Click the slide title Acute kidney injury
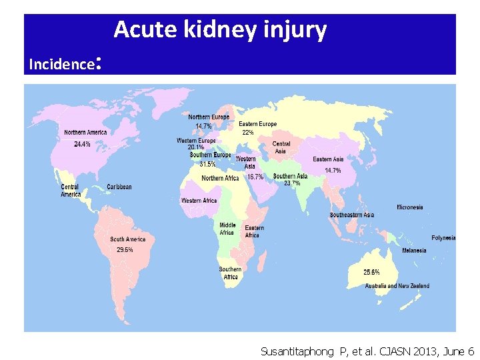point(220,30)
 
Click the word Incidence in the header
point(61,64)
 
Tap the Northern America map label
point(85,133)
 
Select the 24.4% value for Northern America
point(83,145)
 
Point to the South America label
point(127,239)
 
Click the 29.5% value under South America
point(125,250)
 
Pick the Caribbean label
point(119,187)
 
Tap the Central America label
point(71,191)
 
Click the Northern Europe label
point(209,117)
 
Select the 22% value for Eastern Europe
point(247,133)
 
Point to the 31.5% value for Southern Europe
point(207,164)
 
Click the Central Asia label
point(281,147)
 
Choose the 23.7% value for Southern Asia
point(291,183)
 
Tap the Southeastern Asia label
point(351,215)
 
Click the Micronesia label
point(410,207)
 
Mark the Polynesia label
point(443,238)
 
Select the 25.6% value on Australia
point(371,273)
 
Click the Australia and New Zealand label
point(397,286)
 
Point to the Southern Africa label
point(230,273)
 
